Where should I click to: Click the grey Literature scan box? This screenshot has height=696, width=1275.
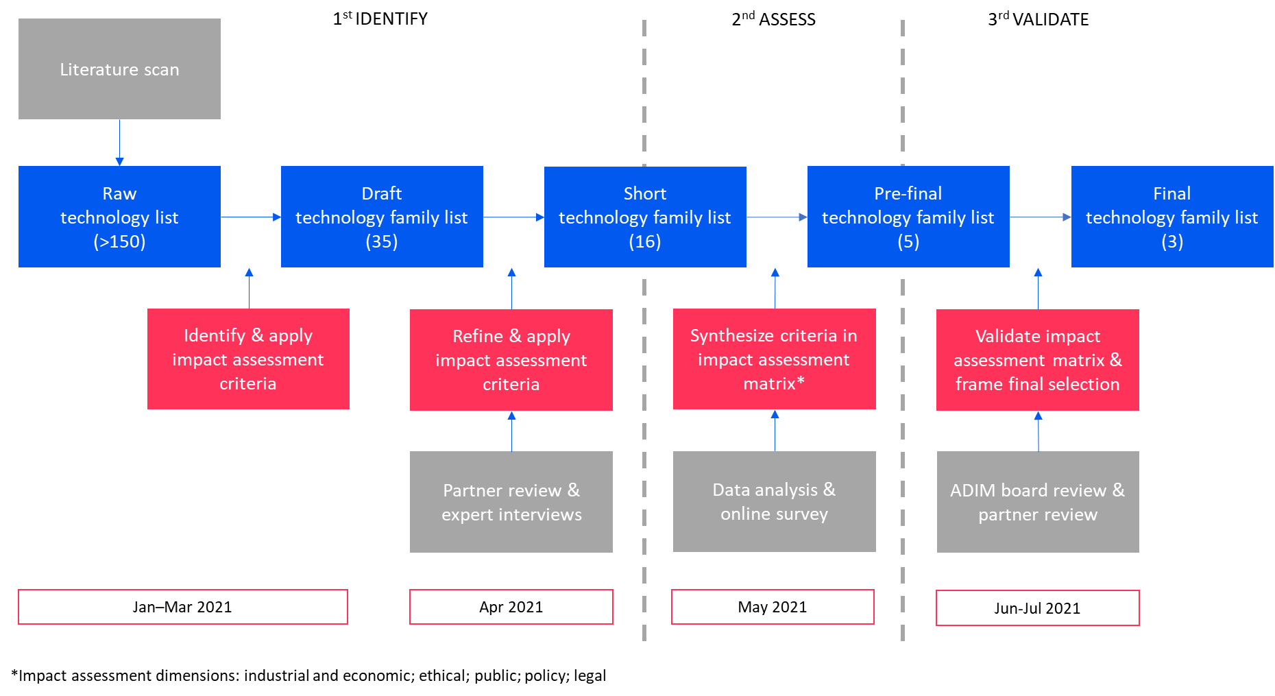(119, 69)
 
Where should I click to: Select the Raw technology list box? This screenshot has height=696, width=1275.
(119, 217)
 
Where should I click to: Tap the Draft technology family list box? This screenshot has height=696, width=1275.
(382, 217)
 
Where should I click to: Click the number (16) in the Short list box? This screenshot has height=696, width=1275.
(645, 241)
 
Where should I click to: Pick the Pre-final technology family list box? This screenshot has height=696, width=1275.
(908, 217)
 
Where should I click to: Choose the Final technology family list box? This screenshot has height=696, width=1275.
(1172, 217)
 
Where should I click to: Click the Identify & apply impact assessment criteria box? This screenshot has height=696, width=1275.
(248, 359)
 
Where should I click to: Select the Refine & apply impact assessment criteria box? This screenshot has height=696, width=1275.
(511, 360)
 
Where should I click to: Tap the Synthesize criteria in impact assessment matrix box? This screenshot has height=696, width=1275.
(775, 359)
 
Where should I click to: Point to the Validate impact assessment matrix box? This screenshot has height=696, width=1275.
(1038, 360)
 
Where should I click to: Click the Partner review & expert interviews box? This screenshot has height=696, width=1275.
(511, 502)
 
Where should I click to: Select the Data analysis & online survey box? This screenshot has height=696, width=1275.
(775, 501)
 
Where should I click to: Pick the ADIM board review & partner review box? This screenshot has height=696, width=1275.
(1038, 502)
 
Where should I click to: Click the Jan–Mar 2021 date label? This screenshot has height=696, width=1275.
(182, 607)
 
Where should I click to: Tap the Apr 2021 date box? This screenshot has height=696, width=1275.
(511, 607)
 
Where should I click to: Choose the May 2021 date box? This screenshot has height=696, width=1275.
(773, 607)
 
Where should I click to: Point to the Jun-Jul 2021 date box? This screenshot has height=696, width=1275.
(1038, 608)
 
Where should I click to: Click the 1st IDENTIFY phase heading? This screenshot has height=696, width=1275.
(380, 19)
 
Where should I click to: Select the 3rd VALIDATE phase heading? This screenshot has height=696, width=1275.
(1039, 19)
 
